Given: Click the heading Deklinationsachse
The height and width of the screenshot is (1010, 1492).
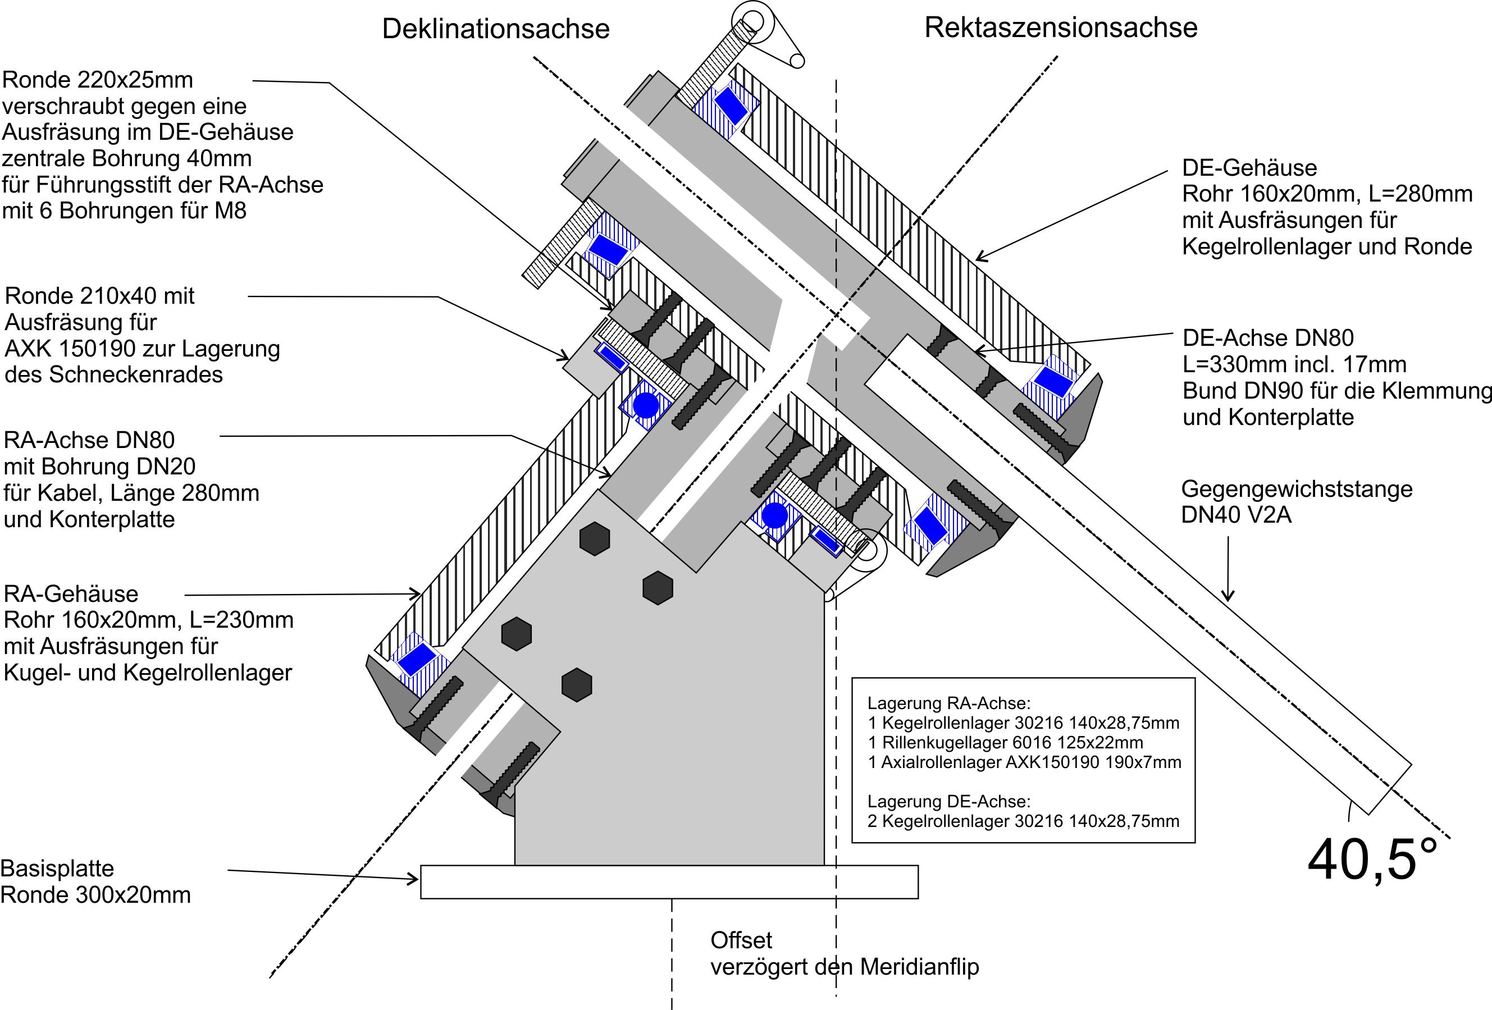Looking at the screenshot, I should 496,29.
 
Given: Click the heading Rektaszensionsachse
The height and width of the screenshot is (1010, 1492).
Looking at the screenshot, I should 1061,28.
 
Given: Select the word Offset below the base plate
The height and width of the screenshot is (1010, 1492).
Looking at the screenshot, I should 741,940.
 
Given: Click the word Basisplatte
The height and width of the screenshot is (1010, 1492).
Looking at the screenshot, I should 57,868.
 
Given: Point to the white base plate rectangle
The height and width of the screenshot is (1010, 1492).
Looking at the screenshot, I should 669,881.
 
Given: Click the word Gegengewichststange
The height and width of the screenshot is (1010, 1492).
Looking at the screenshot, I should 1297,489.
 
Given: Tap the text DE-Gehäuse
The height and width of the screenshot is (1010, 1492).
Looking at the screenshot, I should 1249,167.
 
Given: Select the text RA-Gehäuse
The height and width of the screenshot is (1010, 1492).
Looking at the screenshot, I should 71,593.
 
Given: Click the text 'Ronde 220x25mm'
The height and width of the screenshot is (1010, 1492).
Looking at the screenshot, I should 98,80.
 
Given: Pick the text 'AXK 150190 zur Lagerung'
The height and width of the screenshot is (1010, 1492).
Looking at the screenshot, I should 143,349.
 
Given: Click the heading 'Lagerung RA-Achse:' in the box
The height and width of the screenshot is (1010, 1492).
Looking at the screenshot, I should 949,703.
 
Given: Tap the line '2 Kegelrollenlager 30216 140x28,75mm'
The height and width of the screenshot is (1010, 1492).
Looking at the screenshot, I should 1023,821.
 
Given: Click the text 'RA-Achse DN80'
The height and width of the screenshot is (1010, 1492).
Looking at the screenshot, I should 89,440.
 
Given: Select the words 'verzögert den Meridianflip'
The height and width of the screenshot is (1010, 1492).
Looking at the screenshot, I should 844,966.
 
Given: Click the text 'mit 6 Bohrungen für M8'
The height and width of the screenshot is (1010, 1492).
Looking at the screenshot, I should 124,211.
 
